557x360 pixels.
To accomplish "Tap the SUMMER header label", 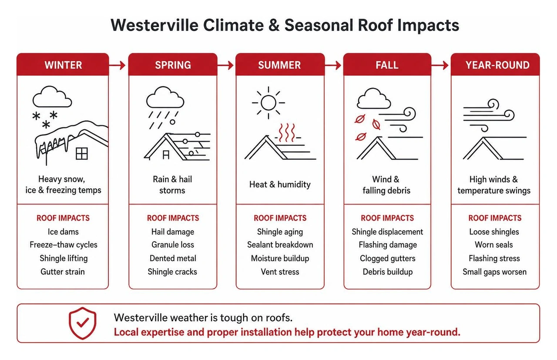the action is (x=279, y=65).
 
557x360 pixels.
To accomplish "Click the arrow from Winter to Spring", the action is (x=117, y=65).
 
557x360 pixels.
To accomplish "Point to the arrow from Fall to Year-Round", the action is (x=440, y=65).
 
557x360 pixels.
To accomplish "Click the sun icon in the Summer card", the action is (x=268, y=102).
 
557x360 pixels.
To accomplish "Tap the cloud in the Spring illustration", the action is (x=165, y=97).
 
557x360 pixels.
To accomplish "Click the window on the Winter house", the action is (x=81, y=153).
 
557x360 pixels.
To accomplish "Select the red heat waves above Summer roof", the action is (x=286, y=133).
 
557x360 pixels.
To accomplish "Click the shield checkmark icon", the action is (x=83, y=323).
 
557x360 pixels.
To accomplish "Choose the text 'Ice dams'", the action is (x=63, y=232).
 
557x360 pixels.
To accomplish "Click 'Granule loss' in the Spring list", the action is (x=173, y=245).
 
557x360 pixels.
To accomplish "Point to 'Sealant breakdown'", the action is (x=280, y=245).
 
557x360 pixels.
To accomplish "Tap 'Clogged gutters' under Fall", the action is (x=387, y=258).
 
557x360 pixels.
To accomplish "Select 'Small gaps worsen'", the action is (x=495, y=272).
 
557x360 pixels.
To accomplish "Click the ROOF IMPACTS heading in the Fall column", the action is (x=387, y=218).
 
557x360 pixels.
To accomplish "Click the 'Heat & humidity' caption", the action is (x=280, y=185).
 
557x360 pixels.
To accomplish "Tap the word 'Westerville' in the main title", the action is (x=154, y=25).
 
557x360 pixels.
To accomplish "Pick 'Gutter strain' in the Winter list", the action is (x=63, y=272).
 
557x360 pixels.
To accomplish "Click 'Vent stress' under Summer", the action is (x=280, y=272).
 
